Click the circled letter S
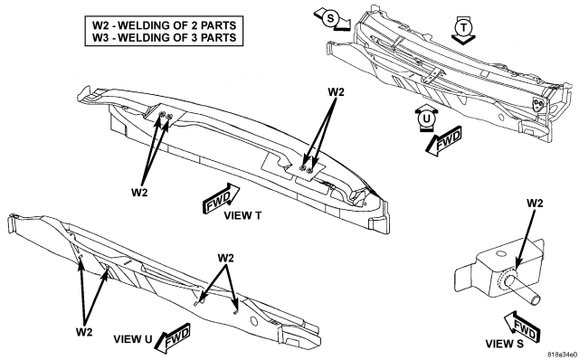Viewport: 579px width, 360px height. [330, 18]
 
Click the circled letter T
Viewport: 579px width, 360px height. [463, 27]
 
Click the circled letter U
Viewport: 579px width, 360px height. [426, 118]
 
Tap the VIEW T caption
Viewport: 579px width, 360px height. [242, 215]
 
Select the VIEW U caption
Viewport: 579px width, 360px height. [133, 339]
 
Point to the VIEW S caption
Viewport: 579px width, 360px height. [504, 344]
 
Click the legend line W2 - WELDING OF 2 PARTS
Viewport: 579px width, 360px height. [164, 25]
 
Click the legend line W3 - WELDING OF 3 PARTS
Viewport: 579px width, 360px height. [164, 38]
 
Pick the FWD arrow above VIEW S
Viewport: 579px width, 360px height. [521, 327]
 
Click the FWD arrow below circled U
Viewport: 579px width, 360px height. [444, 141]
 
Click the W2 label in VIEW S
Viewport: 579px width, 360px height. [535, 204]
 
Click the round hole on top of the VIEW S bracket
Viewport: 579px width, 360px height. [500, 254]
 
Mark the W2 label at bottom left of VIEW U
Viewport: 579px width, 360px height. [84, 332]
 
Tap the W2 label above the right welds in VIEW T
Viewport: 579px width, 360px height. [336, 92]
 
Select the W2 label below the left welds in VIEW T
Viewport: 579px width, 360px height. [139, 193]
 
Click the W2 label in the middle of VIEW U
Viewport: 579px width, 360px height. [225, 258]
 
